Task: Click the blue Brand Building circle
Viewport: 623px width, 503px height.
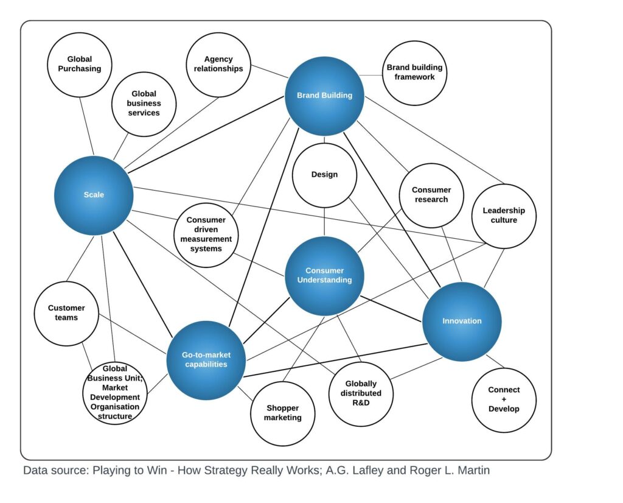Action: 324,96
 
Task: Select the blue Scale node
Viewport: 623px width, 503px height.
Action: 94,195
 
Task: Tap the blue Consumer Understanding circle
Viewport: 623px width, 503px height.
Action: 324,275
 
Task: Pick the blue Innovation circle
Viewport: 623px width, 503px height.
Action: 462,321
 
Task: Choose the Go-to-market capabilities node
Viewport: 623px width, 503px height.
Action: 206,360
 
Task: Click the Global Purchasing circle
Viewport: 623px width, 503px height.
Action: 80,64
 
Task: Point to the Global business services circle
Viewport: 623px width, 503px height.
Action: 144,104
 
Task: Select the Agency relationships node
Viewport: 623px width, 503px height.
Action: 218,64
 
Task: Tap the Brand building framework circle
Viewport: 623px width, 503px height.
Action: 414,72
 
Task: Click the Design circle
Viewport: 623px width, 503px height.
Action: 324,175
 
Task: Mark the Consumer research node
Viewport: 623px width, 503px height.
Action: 431,195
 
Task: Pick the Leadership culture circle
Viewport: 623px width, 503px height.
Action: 504,216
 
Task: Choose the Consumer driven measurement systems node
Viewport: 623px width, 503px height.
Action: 206,234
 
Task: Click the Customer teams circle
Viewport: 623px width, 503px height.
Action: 66,313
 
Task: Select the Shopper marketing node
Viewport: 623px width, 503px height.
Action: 283,413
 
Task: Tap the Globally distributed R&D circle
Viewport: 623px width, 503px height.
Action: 361,393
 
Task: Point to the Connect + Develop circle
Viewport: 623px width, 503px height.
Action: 504,399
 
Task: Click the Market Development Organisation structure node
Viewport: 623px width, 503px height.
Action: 115,393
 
